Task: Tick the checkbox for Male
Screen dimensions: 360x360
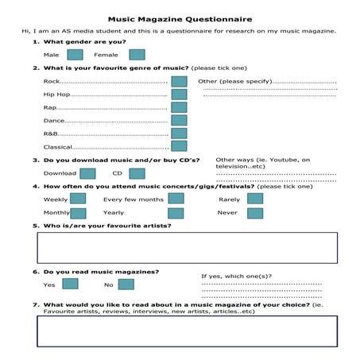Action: pos(75,55)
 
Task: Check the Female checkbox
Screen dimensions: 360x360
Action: pos(137,55)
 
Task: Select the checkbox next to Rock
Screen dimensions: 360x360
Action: pos(179,81)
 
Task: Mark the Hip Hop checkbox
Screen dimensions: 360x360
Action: pos(179,95)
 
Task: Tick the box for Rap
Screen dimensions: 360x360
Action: pos(179,107)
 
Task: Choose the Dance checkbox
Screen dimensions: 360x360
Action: pos(179,120)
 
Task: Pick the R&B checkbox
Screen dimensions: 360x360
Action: pos(179,134)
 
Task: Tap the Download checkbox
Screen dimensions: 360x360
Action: pos(87,173)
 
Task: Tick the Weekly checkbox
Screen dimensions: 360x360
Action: pos(78,199)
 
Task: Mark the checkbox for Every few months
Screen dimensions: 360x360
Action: pos(176,199)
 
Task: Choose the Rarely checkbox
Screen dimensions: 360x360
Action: pos(254,199)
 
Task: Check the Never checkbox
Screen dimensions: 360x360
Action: pos(254,213)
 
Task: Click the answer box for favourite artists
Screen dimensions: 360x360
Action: pos(187,248)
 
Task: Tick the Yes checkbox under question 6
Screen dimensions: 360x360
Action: pos(70,284)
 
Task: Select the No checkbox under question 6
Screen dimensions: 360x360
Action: pos(126,284)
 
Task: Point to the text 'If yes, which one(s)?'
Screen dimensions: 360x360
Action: pos(236,276)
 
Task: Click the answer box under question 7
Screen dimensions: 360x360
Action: pos(187,331)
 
